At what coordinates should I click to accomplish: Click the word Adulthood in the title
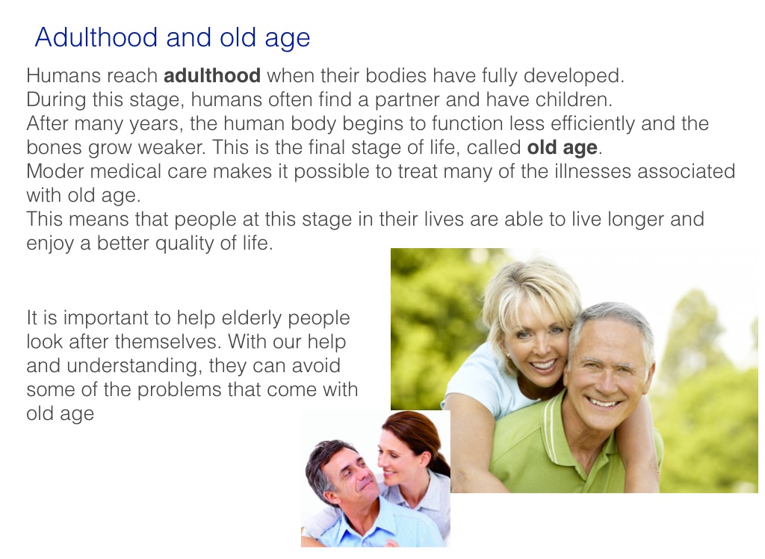(96, 37)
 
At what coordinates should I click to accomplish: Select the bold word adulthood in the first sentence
(211, 75)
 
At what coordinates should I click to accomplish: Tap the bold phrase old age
(562, 148)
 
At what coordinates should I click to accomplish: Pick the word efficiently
(592, 124)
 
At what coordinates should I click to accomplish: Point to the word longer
(636, 220)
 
